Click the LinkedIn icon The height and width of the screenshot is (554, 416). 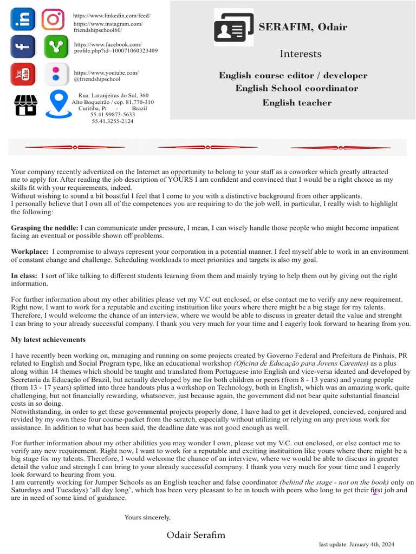(x=23, y=20)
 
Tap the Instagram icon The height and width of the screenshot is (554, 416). (x=53, y=20)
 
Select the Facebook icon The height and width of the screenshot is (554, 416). (x=23, y=47)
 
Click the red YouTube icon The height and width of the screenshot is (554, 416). (x=23, y=74)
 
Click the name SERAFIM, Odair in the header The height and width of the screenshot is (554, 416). (x=302, y=27)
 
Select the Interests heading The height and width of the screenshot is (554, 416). (x=300, y=54)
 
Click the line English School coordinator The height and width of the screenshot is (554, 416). (x=296, y=88)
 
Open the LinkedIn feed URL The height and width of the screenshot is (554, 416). (x=112, y=16)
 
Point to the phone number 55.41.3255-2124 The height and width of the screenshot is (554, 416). (x=113, y=121)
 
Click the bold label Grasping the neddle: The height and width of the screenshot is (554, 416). (x=44, y=228)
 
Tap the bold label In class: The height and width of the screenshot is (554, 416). (x=24, y=275)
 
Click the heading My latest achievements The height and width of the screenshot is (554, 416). (x=48, y=340)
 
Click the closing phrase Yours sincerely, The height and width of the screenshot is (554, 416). (x=147, y=517)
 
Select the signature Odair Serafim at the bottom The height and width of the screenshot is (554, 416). (x=196, y=535)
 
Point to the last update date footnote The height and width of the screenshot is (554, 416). (x=356, y=544)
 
